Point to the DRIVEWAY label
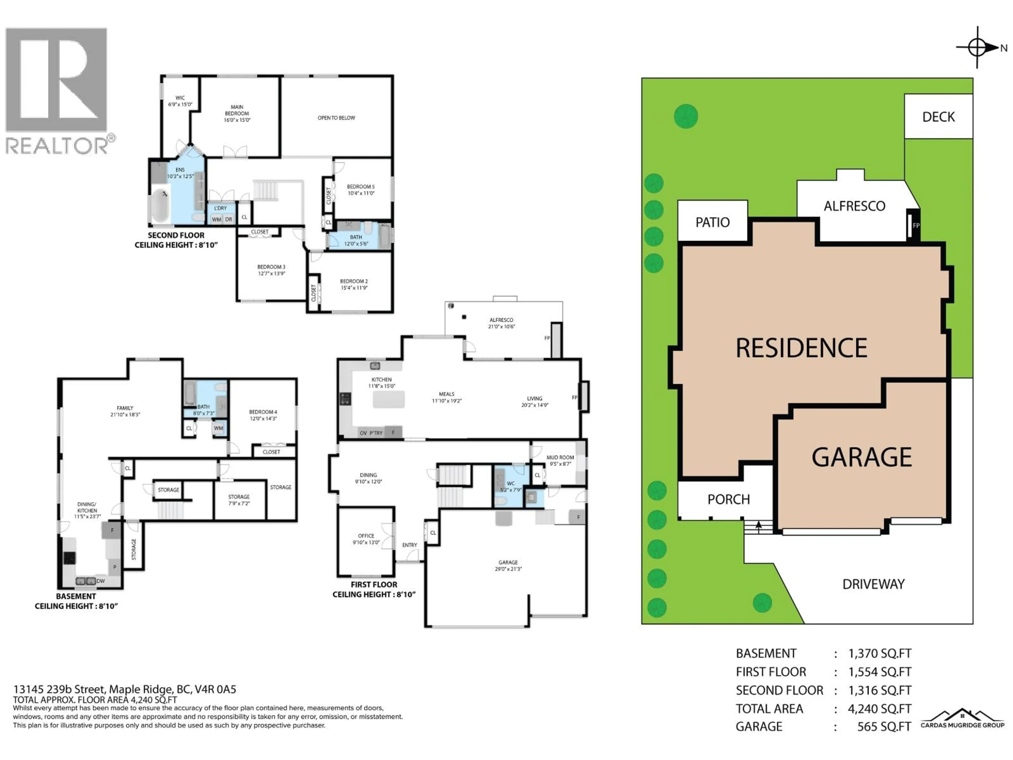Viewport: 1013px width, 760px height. click(x=873, y=584)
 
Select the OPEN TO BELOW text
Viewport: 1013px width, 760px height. click(x=336, y=118)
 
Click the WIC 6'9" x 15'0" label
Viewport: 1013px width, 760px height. click(x=180, y=101)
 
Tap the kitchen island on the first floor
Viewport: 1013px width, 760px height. click(x=389, y=400)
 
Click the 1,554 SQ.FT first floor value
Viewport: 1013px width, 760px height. click(x=879, y=672)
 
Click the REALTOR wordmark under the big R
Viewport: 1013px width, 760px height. click(x=57, y=146)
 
